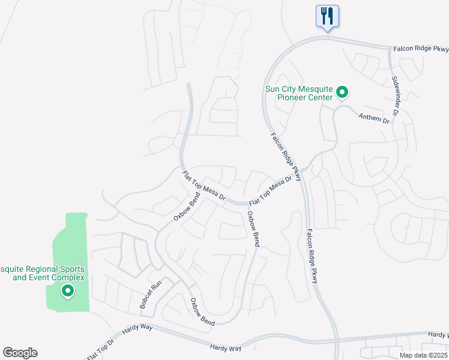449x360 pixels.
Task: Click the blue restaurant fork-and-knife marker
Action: (x=327, y=16)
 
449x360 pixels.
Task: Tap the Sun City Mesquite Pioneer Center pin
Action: (x=342, y=92)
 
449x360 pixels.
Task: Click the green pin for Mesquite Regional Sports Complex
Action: (x=68, y=292)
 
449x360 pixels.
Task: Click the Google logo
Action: (x=20, y=353)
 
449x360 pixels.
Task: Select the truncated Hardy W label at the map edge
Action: (x=438, y=334)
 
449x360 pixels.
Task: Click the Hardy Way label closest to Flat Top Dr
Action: (x=139, y=331)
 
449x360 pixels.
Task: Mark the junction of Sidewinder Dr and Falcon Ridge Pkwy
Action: (x=390, y=49)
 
